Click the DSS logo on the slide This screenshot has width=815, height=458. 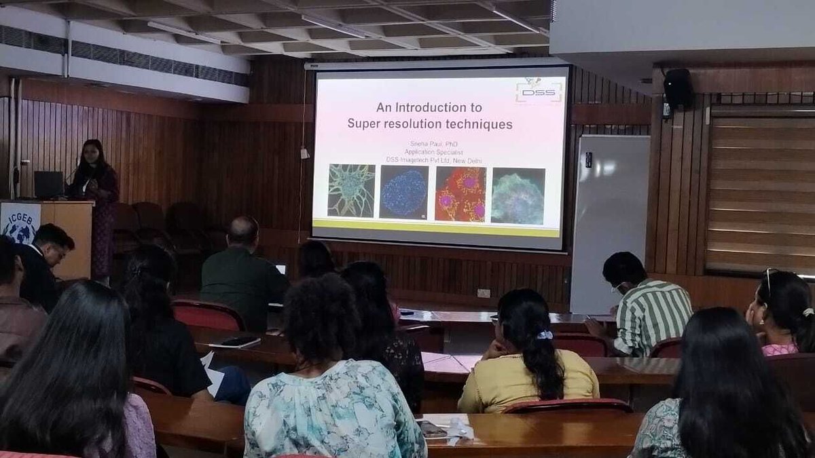click(x=539, y=90)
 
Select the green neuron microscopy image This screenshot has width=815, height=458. click(x=351, y=190)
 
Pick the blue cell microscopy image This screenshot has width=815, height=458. click(x=404, y=192)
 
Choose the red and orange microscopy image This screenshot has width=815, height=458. click(x=460, y=194)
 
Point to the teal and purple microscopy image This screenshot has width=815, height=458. click(x=518, y=195)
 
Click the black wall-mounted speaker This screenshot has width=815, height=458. click(x=677, y=88)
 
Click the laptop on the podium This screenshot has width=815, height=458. click(x=49, y=184)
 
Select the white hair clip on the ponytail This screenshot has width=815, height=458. click(x=545, y=335)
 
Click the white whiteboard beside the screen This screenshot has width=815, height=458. click(x=609, y=217)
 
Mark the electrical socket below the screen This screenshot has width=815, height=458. click(x=484, y=293)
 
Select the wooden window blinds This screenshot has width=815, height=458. click(x=760, y=193)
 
